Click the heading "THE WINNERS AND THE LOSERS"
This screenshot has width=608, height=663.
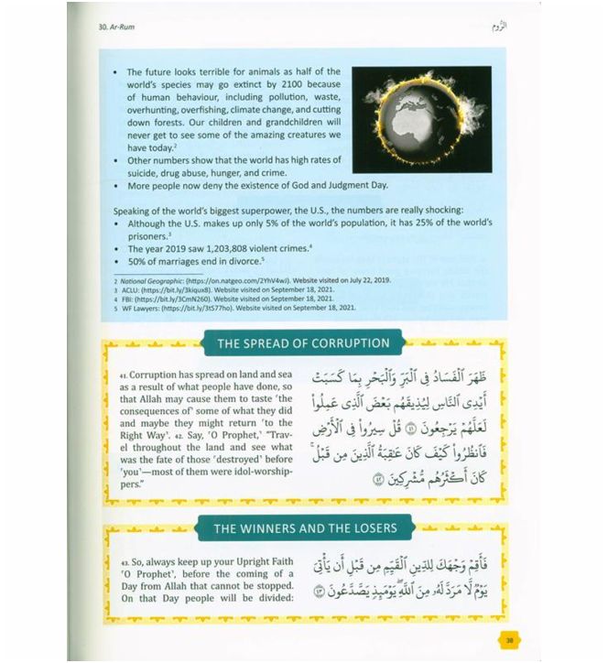pos(302,528)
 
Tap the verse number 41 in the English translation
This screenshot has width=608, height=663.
pos(123,375)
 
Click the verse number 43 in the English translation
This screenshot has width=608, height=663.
pos(123,560)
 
